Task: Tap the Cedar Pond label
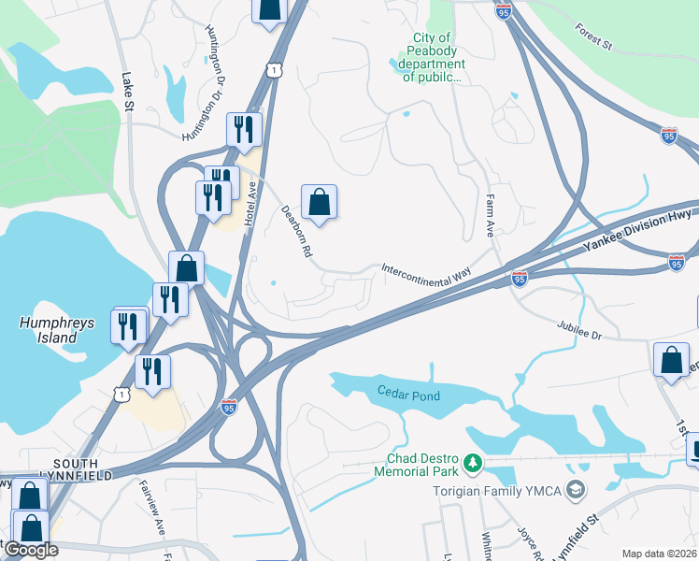point(408,395)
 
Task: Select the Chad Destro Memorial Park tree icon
point(473,462)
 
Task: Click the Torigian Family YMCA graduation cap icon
point(578,490)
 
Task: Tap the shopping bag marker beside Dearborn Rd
point(319,202)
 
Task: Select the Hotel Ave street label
point(251,201)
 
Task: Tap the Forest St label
point(593,38)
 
